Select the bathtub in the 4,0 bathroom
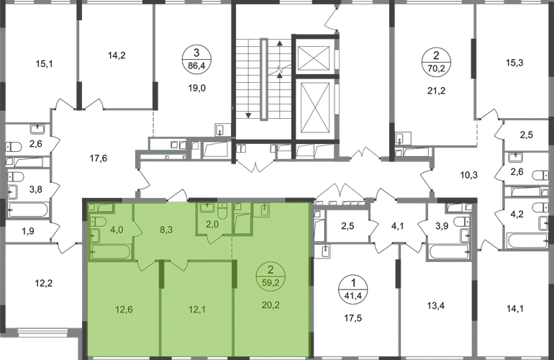(x=112, y=253)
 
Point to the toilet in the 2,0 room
(x=223, y=210)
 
